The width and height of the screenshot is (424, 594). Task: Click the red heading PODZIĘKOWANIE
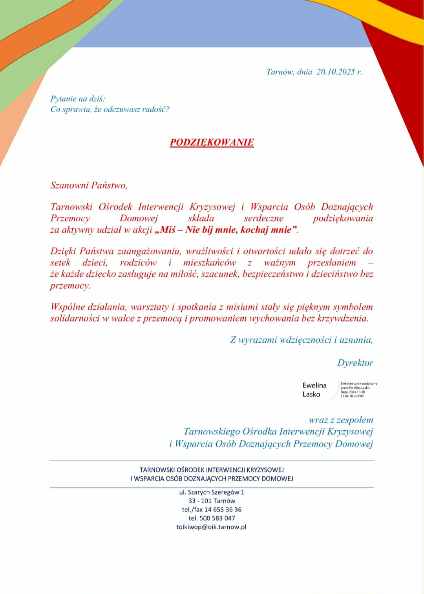click(x=212, y=142)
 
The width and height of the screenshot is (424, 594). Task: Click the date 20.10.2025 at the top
click(x=336, y=72)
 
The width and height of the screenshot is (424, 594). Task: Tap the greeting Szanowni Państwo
click(x=89, y=185)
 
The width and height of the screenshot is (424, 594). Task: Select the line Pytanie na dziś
click(x=78, y=99)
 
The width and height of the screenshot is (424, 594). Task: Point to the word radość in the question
click(x=156, y=109)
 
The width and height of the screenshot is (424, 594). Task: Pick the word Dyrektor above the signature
click(x=355, y=363)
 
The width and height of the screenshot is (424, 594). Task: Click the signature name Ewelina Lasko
click(x=314, y=390)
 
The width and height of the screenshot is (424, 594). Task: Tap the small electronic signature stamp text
click(x=358, y=390)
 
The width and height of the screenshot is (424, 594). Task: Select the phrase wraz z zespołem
click(x=340, y=420)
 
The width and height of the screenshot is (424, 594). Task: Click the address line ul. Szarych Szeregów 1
click(x=212, y=492)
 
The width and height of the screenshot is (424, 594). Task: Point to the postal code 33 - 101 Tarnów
click(x=212, y=501)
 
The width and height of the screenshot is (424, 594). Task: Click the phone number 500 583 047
click(x=217, y=518)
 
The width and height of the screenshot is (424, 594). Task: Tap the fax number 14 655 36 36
click(x=223, y=510)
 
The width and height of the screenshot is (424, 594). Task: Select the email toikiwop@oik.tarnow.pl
click(x=211, y=527)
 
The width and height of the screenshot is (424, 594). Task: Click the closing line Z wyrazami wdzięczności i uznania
click(x=301, y=340)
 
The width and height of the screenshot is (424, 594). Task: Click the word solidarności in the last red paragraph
click(x=75, y=318)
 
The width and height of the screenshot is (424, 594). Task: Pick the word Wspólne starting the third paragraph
click(x=65, y=307)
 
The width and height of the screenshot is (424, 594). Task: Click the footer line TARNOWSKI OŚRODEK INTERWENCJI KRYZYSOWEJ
click(x=212, y=470)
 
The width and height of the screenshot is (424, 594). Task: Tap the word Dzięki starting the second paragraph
click(x=63, y=251)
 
